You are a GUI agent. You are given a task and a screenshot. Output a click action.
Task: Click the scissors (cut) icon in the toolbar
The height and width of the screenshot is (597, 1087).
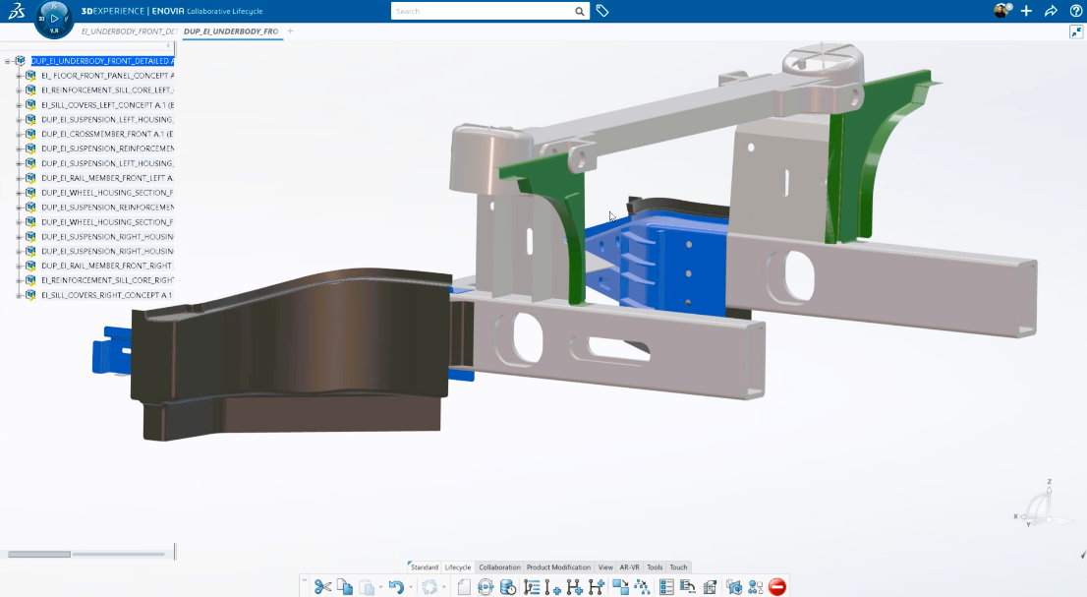(322, 587)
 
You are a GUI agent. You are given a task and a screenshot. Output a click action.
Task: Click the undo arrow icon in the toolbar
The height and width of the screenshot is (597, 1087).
(395, 587)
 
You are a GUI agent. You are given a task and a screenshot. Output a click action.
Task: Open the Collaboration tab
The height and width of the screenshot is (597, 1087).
(499, 567)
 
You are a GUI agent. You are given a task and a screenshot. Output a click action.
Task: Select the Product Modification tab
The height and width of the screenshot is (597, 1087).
(558, 567)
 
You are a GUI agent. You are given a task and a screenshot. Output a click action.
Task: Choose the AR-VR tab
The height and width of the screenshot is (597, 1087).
(629, 567)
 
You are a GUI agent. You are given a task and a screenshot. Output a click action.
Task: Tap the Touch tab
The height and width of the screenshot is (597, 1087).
(678, 567)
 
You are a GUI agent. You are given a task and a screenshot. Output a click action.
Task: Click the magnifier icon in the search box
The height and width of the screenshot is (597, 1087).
(580, 12)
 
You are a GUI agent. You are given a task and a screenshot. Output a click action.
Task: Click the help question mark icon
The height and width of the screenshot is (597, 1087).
(1076, 11)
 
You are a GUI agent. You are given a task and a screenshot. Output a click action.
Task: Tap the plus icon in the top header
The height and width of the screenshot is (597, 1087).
(1026, 11)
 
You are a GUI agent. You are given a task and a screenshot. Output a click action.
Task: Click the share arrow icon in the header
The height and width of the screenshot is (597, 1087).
(1051, 11)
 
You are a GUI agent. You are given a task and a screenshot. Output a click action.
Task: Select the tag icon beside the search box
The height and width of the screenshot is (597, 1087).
(602, 11)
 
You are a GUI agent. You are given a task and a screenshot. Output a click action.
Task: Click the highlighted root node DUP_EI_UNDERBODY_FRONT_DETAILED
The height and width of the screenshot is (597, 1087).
(102, 61)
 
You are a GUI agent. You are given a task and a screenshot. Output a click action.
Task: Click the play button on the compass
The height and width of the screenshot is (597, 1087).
(54, 19)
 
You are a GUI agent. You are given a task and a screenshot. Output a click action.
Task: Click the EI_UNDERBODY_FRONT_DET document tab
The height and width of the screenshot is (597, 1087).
(143, 31)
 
